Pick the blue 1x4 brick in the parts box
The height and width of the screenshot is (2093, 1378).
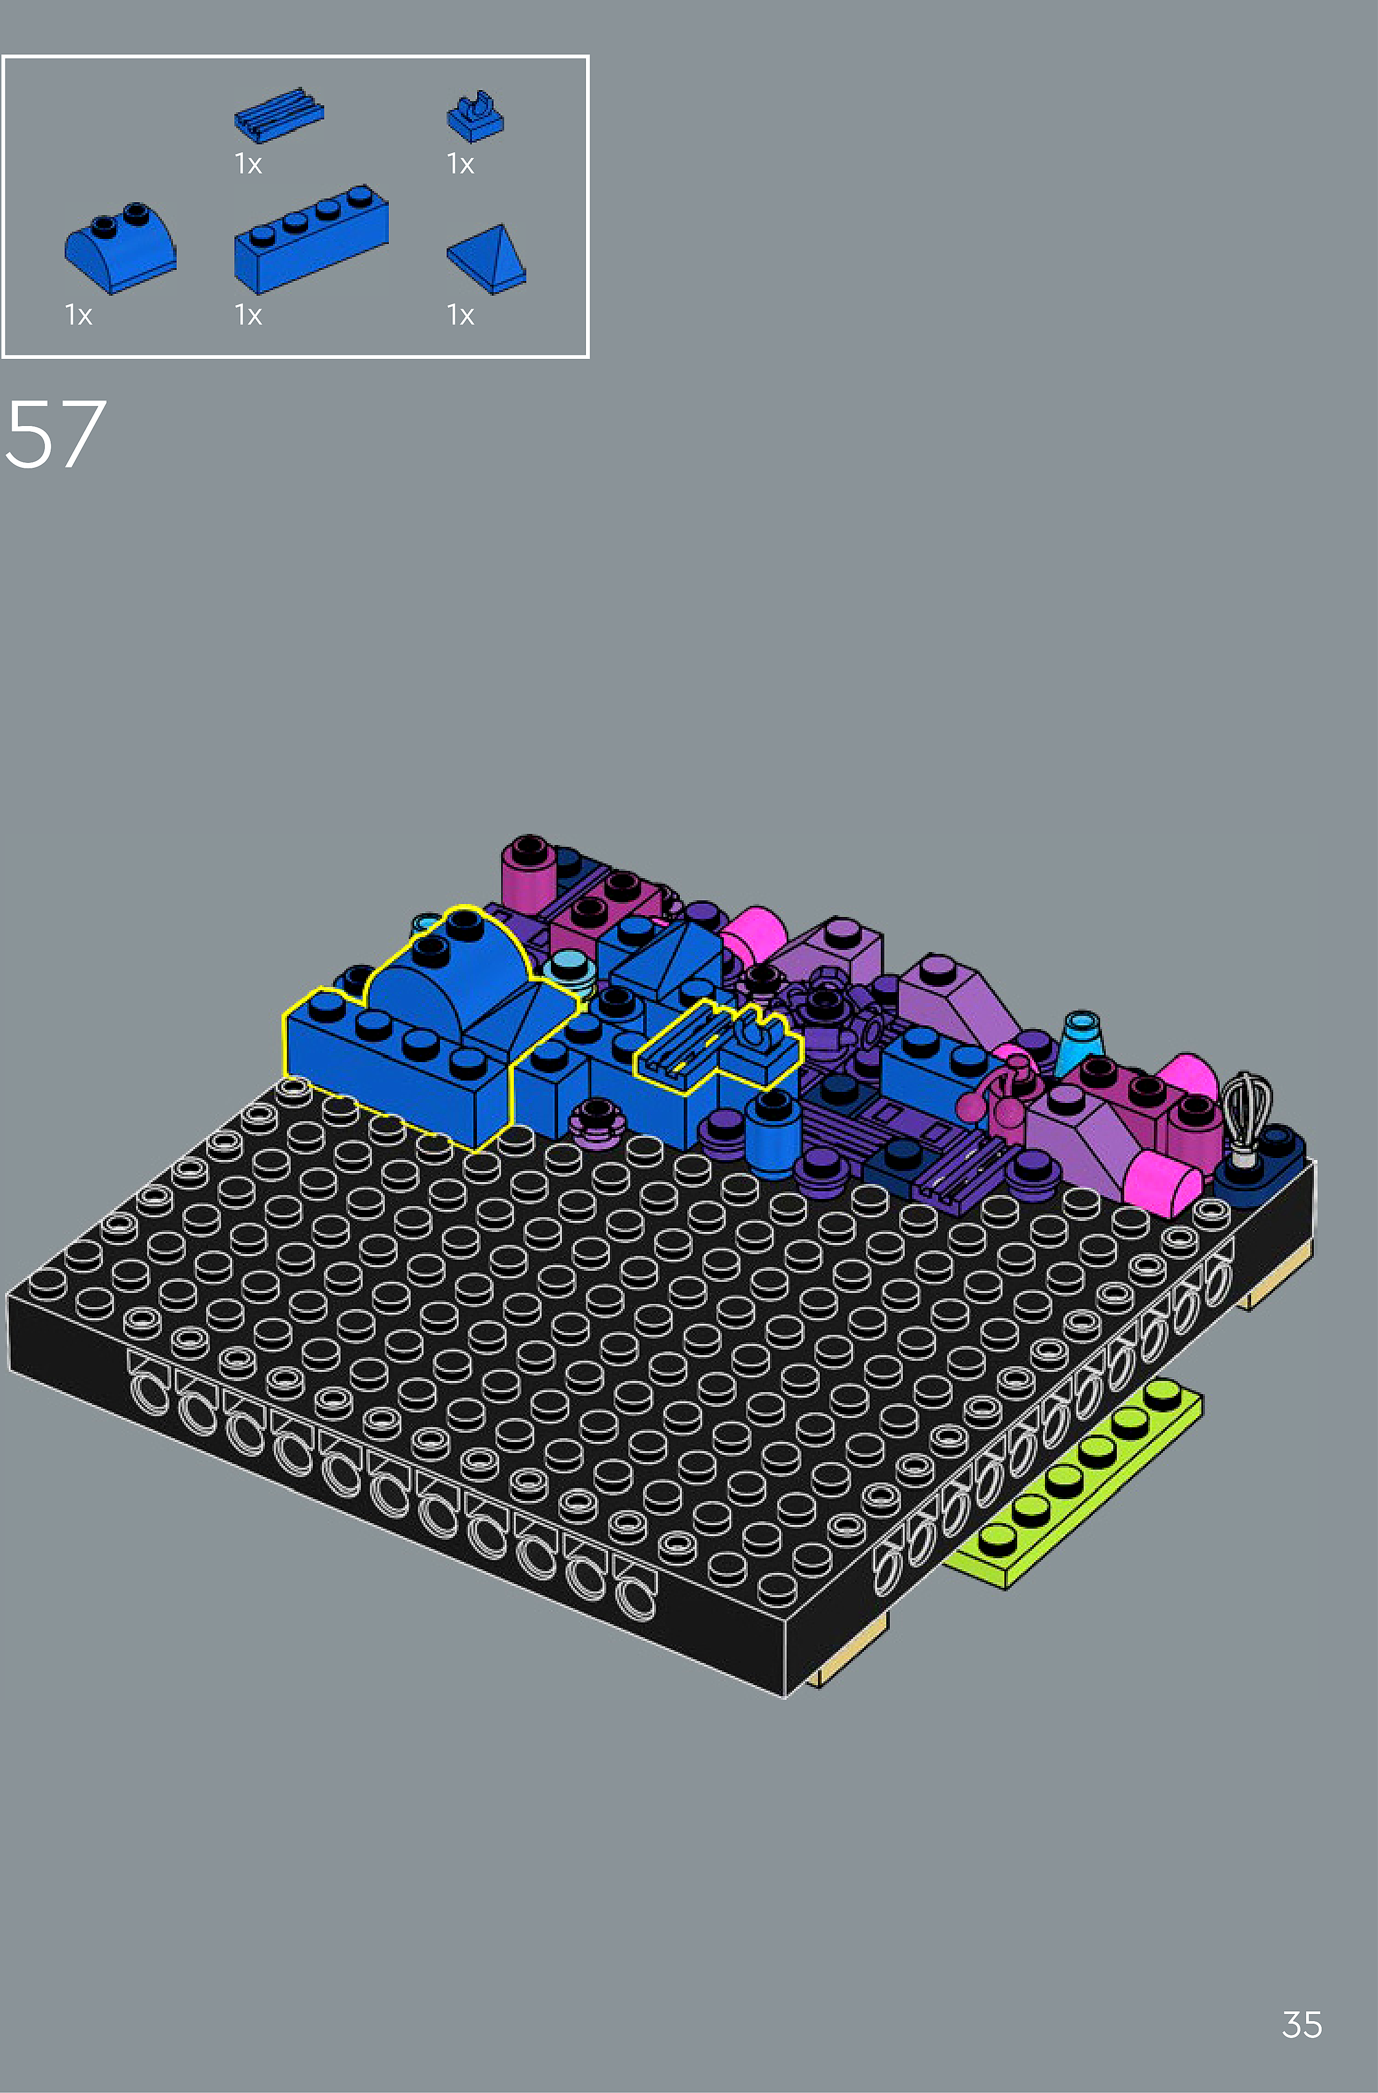[310, 238]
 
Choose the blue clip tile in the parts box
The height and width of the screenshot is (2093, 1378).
[475, 118]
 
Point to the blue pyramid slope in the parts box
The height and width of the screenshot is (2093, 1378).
[486, 258]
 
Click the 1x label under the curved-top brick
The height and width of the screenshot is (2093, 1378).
[78, 315]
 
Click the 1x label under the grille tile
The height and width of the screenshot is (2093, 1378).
[248, 163]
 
